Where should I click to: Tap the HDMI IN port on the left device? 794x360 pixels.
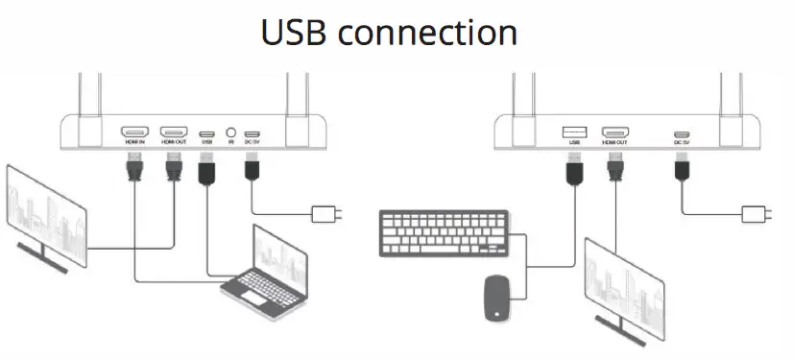click(134, 132)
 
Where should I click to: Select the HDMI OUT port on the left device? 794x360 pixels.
click(174, 132)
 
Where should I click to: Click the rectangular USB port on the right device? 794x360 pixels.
click(574, 132)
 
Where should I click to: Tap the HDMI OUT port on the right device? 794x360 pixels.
click(614, 132)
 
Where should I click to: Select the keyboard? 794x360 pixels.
click(443, 232)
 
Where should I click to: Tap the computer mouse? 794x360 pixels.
click(497, 297)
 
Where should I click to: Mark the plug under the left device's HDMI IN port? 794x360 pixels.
click(133, 170)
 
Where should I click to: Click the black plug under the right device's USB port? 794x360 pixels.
click(574, 172)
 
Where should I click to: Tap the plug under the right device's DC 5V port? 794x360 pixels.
click(682, 171)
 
